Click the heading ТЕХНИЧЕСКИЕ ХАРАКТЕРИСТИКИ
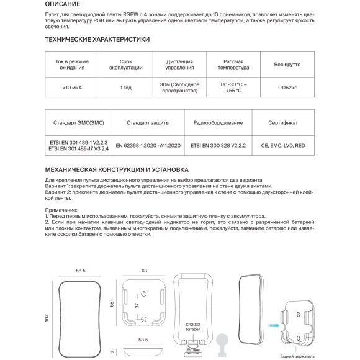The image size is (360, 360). pyautogui.click(x=98, y=39)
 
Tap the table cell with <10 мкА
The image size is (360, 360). pyautogui.click(x=73, y=88)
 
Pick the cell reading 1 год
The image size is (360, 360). pyautogui.click(x=126, y=88)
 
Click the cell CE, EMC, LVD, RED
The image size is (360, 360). pyautogui.click(x=283, y=146)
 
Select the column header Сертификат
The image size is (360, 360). pyautogui.click(x=283, y=123)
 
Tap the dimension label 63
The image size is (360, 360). pyautogui.click(x=144, y=271)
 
